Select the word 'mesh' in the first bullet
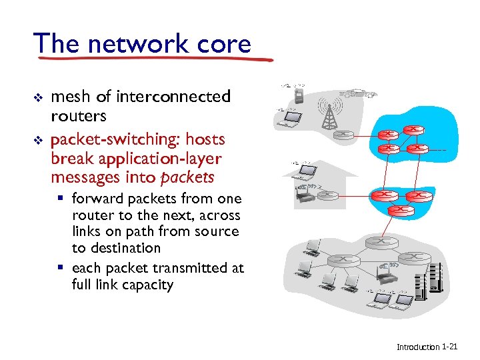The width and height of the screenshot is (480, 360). (x=71, y=97)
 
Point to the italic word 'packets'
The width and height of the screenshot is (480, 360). (x=187, y=177)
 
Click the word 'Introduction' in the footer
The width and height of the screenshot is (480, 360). (x=418, y=347)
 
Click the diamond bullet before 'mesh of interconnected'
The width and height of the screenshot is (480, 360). (x=38, y=97)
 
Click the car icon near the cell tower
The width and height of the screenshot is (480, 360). (x=357, y=94)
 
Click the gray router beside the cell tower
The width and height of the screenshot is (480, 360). (x=344, y=135)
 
